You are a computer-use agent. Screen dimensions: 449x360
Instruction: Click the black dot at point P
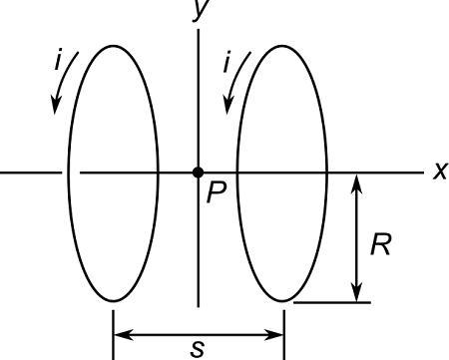coord(199,173)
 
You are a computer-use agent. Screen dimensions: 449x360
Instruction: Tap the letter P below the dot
coord(215,193)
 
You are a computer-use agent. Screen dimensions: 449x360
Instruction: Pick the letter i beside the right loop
coord(227,62)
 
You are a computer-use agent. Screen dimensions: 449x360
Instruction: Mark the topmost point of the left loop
coord(114,44)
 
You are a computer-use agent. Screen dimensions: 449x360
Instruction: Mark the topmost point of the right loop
coord(283,44)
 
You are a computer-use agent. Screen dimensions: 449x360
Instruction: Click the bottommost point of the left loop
coord(114,301)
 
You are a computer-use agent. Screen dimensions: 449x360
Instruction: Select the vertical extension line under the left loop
coord(114,329)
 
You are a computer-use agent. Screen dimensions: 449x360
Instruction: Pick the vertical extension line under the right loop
coord(284,329)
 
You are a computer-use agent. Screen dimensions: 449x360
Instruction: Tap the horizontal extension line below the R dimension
coord(334,302)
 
